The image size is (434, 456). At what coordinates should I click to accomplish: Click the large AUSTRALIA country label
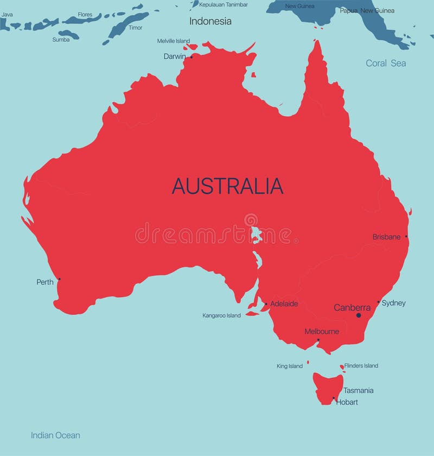tap(227, 186)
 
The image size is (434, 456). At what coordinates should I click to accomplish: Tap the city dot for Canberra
tap(358, 315)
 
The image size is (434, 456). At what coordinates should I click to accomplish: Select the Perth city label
tap(45, 282)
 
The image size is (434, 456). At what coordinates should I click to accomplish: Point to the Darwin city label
tap(175, 56)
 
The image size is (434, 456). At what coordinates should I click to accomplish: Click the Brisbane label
tap(386, 237)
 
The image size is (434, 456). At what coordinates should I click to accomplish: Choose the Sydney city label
tap(394, 303)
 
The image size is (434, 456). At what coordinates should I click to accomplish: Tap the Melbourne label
tap(322, 332)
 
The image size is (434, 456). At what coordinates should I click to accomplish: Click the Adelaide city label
tap(284, 304)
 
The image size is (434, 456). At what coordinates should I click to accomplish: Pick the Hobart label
tap(347, 402)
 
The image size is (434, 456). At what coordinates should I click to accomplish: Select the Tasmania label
tap(359, 390)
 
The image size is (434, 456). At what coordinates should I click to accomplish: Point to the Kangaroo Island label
tap(221, 315)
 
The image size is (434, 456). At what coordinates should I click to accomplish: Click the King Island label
tap(290, 366)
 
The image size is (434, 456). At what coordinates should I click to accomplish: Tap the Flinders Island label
tap(361, 366)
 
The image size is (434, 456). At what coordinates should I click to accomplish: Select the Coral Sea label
tap(386, 64)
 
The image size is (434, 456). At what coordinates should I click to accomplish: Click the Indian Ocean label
tap(55, 435)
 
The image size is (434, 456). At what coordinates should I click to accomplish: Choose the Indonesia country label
tap(210, 22)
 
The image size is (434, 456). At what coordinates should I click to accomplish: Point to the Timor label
tap(135, 28)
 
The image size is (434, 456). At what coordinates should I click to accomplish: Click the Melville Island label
tap(174, 41)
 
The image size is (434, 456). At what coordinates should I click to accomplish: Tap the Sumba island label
tap(61, 40)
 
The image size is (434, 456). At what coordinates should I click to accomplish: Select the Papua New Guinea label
tap(367, 10)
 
